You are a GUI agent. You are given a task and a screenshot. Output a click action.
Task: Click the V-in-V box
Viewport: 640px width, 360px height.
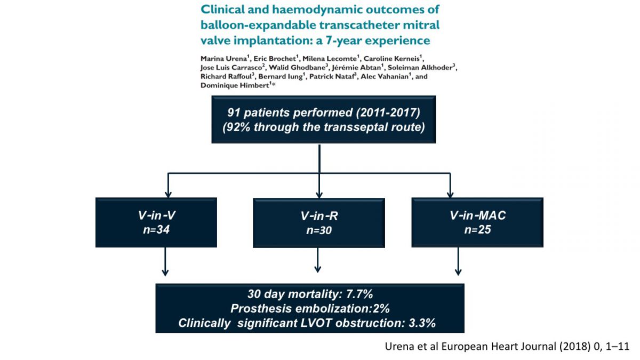pyautogui.click(x=156, y=222)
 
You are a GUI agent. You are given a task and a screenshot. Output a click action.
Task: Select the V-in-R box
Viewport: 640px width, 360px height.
pyautogui.click(x=319, y=223)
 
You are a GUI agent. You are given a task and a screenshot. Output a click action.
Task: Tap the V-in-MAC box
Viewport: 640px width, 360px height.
pyautogui.click(x=477, y=222)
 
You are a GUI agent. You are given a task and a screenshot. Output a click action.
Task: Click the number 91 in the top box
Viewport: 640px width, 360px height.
pyautogui.click(x=234, y=113)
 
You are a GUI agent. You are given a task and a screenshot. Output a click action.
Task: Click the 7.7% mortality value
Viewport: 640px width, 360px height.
pyautogui.click(x=359, y=294)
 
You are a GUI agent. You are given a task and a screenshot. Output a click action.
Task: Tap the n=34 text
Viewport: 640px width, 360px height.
pyautogui.click(x=156, y=230)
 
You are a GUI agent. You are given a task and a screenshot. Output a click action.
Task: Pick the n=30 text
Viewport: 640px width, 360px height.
pyautogui.click(x=319, y=230)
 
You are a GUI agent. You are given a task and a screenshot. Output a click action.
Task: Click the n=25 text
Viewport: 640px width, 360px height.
pyautogui.click(x=477, y=230)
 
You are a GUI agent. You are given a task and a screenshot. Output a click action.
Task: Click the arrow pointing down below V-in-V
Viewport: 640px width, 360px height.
pyautogui.click(x=165, y=262)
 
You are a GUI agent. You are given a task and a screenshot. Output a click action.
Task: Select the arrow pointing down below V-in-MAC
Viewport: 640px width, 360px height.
pyautogui.click(x=458, y=261)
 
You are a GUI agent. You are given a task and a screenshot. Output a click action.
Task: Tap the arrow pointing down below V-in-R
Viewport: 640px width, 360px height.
pyautogui.click(x=317, y=260)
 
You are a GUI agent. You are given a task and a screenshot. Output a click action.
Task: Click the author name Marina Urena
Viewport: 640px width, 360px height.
pyautogui.click(x=223, y=59)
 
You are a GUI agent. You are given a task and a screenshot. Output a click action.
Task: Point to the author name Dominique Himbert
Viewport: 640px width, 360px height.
pyautogui.click(x=235, y=85)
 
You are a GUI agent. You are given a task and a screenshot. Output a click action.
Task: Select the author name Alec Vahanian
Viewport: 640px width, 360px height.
pyautogui.click(x=385, y=76)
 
